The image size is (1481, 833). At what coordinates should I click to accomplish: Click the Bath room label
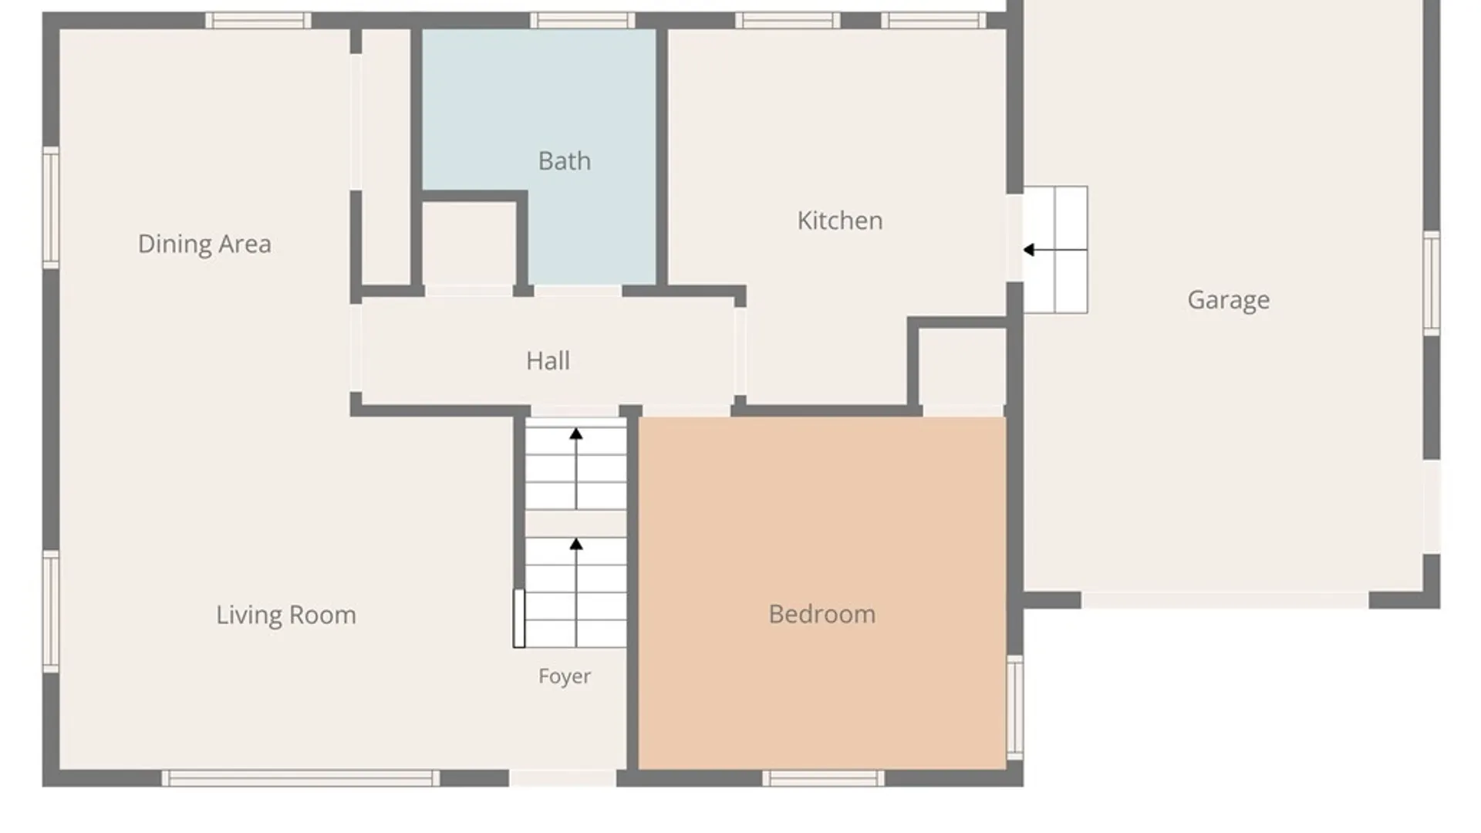coord(565,160)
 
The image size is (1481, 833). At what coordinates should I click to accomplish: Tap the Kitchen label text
coord(840,221)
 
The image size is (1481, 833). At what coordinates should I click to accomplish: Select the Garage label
coord(1229,300)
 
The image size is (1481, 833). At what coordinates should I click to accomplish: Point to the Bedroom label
coord(822,614)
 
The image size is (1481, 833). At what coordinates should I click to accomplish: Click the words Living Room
coord(286,615)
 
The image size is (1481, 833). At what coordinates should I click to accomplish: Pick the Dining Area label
coord(204,245)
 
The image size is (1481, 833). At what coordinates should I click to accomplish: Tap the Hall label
coord(548,360)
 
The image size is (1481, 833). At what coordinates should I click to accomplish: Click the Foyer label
coord(565,676)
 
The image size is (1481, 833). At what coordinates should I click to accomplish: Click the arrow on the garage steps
coord(1055,250)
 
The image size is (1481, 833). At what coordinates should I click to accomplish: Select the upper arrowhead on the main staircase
coord(576,434)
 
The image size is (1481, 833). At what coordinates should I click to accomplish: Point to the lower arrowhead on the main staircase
coord(576,545)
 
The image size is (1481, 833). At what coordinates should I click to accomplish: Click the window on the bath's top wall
coord(582,20)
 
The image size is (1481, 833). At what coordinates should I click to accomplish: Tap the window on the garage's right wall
coord(1432,283)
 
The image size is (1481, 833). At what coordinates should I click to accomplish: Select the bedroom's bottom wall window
coord(824,778)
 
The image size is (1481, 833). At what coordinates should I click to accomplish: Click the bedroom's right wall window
coord(1015,707)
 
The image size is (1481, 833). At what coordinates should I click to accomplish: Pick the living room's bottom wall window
coord(300,778)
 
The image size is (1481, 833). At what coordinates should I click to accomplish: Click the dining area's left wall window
coord(51,207)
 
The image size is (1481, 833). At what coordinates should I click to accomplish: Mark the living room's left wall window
coord(51,612)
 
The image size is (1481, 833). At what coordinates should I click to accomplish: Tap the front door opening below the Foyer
coord(563,778)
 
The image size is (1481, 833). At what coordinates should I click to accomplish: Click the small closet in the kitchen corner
coord(963,367)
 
